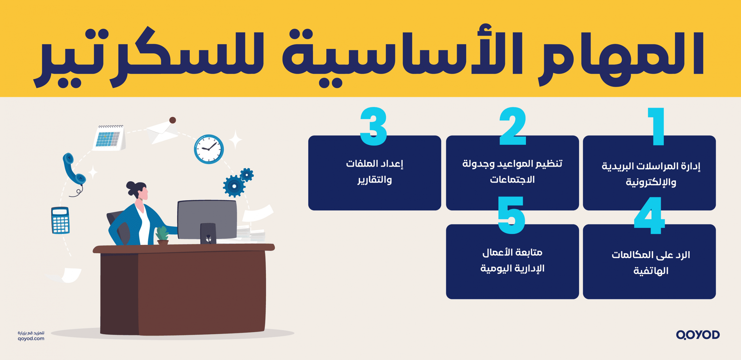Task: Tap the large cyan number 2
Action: click(x=513, y=126)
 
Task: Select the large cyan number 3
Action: click(x=374, y=126)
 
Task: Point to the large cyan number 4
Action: click(x=649, y=216)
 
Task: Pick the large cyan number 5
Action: click(x=511, y=215)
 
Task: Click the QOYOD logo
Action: click(x=698, y=335)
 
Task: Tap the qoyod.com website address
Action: click(x=31, y=339)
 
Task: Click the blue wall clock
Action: click(x=209, y=149)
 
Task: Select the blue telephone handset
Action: click(x=74, y=169)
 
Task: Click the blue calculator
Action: click(x=60, y=220)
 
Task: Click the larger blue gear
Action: click(x=234, y=186)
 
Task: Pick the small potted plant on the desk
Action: click(x=162, y=235)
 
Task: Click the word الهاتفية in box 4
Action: click(x=651, y=271)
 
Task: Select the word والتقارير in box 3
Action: click(x=375, y=180)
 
